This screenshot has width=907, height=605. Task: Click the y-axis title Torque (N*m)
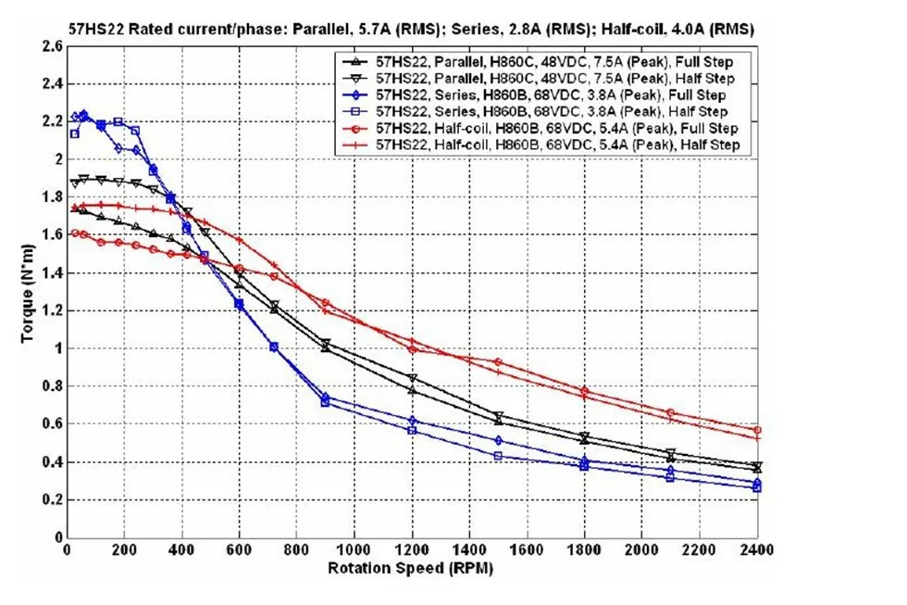(27, 293)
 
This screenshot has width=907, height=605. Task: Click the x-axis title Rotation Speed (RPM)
(411, 568)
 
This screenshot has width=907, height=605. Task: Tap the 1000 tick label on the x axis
(354, 548)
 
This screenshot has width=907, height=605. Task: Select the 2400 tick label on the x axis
(756, 548)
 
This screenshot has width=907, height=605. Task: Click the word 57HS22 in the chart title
(96, 29)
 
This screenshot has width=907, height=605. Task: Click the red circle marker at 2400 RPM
(757, 430)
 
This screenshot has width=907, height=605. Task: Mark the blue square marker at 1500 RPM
(498, 456)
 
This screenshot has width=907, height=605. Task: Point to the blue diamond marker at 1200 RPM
(412, 421)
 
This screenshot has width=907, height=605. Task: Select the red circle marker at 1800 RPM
(584, 391)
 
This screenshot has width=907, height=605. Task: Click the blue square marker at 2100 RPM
(670, 478)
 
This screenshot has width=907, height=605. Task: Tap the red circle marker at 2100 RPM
(670, 413)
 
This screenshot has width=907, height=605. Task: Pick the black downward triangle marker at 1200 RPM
(412, 379)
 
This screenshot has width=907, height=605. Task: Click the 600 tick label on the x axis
(239, 548)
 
